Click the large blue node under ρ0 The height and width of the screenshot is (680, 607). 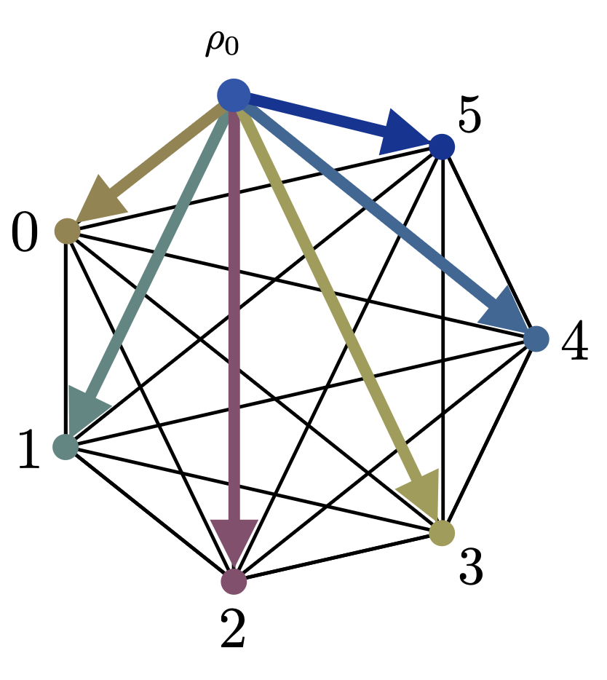234,95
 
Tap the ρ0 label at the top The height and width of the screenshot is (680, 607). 221,45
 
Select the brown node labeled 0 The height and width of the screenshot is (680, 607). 67,231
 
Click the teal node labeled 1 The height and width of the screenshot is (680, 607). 66,446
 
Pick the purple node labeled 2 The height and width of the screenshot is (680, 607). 234,582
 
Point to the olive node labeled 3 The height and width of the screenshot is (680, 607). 442,533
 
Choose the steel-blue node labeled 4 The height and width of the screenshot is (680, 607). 536,339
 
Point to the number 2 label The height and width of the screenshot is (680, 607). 232,630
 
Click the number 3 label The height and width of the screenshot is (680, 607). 471,569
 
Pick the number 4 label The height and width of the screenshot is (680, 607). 574,345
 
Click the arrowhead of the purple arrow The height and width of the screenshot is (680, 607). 234,542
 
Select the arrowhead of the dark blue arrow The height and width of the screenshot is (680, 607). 404,133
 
